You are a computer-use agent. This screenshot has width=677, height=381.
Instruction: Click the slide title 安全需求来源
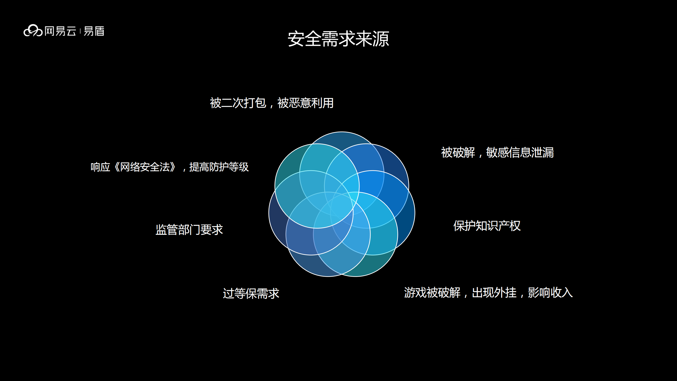click(338, 39)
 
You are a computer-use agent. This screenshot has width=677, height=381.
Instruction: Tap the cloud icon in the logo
click(33, 31)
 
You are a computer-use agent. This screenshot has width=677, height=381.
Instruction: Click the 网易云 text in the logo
click(60, 31)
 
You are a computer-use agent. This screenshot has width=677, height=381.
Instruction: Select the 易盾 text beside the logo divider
click(94, 31)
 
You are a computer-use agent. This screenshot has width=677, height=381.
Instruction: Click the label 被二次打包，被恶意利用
click(271, 103)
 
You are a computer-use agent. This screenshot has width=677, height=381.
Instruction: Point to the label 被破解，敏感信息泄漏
click(497, 153)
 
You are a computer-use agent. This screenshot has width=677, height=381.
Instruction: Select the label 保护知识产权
click(487, 226)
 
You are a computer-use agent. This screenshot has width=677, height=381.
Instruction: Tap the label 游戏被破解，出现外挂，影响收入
click(488, 293)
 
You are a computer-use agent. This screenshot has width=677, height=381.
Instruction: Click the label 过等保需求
click(251, 293)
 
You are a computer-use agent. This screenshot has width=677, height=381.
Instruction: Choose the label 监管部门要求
click(189, 230)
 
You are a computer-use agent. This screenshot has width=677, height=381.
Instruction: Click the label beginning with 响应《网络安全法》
click(169, 167)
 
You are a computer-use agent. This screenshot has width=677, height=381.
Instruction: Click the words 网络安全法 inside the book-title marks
click(145, 167)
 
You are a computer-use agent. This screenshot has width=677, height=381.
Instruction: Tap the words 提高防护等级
click(219, 167)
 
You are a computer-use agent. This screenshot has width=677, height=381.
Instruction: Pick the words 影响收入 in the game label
click(550, 293)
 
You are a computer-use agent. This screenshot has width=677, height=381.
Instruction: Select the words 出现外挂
click(494, 293)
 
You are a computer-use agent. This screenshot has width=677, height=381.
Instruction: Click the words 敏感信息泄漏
click(520, 153)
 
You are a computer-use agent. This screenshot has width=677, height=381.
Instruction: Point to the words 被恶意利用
click(305, 103)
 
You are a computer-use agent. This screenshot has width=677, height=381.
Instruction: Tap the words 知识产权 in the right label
click(498, 226)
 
